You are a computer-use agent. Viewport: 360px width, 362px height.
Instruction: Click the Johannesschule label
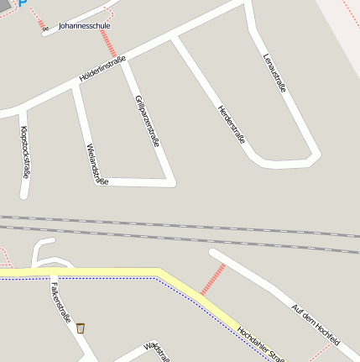click(x=84, y=26)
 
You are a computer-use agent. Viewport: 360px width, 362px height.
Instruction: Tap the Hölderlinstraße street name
click(x=102, y=68)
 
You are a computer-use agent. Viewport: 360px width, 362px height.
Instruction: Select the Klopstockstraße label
click(x=25, y=152)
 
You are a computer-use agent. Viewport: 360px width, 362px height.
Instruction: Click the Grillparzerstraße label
click(x=147, y=122)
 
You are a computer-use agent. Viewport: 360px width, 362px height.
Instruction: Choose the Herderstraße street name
click(x=232, y=123)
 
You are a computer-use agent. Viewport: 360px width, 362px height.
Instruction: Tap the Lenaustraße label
click(x=274, y=75)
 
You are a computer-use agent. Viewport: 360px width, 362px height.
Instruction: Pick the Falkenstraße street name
click(x=60, y=302)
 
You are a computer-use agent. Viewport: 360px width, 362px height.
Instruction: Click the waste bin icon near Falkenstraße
click(x=81, y=328)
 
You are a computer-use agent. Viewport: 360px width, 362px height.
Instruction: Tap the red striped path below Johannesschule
click(x=110, y=44)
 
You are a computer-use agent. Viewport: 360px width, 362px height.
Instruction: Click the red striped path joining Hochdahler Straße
click(x=213, y=280)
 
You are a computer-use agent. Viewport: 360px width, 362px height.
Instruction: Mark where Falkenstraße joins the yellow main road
click(x=54, y=274)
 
